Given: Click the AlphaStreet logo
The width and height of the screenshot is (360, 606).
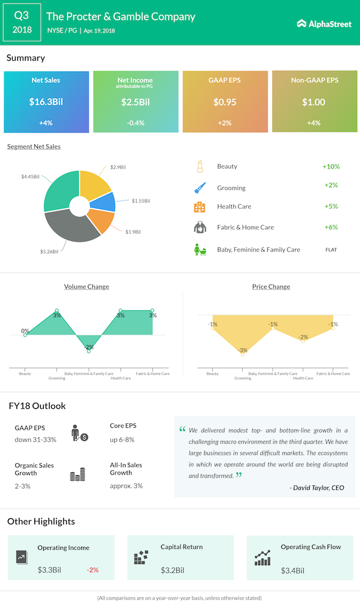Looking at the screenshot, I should (x=324, y=24).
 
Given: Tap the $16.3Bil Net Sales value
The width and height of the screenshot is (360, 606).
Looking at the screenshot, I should (x=46, y=102).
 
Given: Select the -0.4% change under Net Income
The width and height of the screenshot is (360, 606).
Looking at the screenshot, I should (x=135, y=123).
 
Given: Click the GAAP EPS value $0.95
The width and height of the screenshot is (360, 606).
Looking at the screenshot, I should (x=225, y=102).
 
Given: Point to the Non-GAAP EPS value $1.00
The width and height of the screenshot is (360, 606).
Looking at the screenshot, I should (x=314, y=102).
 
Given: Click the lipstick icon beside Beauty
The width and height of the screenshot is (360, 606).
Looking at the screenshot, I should (x=199, y=167).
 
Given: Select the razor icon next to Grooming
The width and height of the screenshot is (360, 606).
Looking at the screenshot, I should (x=199, y=188).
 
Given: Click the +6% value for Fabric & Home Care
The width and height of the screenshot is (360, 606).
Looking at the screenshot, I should (x=331, y=227).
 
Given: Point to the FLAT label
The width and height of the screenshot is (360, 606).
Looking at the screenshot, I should (x=331, y=250).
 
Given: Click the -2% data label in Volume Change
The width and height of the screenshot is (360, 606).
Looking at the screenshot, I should (x=89, y=347).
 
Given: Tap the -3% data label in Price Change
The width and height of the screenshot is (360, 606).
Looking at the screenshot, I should (x=243, y=350).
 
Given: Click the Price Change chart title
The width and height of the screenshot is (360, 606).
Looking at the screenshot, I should (x=271, y=286).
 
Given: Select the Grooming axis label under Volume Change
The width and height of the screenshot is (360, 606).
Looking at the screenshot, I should (x=57, y=378).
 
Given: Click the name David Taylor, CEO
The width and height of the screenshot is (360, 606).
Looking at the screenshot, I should (x=317, y=488).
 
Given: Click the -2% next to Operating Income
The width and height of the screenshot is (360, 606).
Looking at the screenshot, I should (x=92, y=570).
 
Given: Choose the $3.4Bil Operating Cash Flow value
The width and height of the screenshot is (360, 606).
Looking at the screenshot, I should (x=292, y=570).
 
